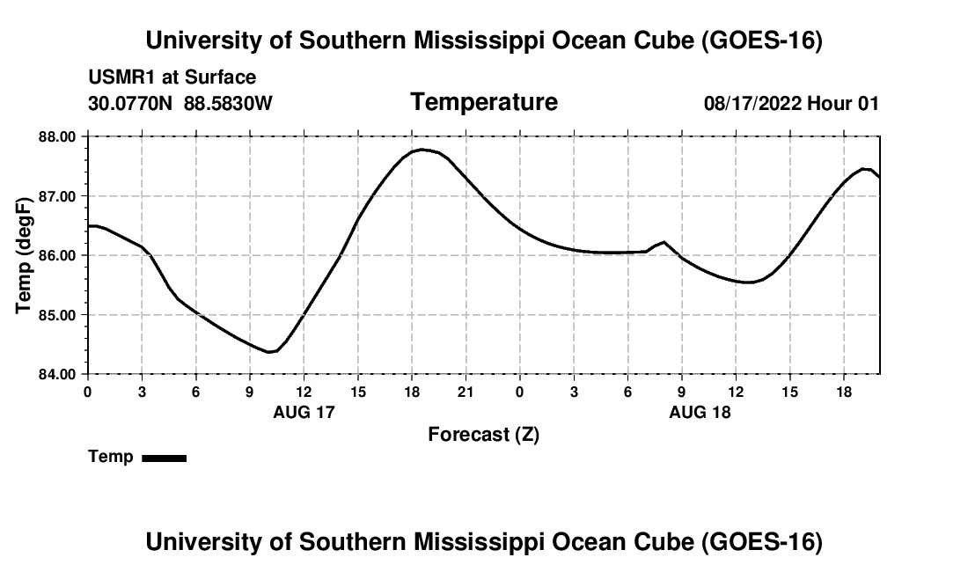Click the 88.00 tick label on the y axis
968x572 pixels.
[57, 136]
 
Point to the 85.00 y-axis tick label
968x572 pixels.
[57, 315]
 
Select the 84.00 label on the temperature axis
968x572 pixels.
[57, 375]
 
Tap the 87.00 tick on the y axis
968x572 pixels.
[57, 196]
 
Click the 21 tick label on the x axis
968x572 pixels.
[466, 392]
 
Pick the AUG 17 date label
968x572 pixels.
[304, 412]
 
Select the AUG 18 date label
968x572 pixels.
[700, 412]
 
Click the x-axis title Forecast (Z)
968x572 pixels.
[484, 435]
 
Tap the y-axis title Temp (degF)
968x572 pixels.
[24, 255]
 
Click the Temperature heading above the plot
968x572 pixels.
[484, 102]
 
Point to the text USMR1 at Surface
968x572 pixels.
[172, 77]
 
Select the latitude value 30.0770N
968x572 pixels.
[130, 103]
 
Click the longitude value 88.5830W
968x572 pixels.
[229, 103]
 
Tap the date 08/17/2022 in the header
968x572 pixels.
[752, 103]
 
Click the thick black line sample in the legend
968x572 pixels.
[165, 458]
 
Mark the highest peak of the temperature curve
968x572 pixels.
[422, 150]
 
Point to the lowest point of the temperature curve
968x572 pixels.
[269, 352]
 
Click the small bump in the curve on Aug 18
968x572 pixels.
[664, 242]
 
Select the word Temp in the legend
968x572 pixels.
[111, 457]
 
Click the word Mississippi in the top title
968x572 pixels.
[479, 40]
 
